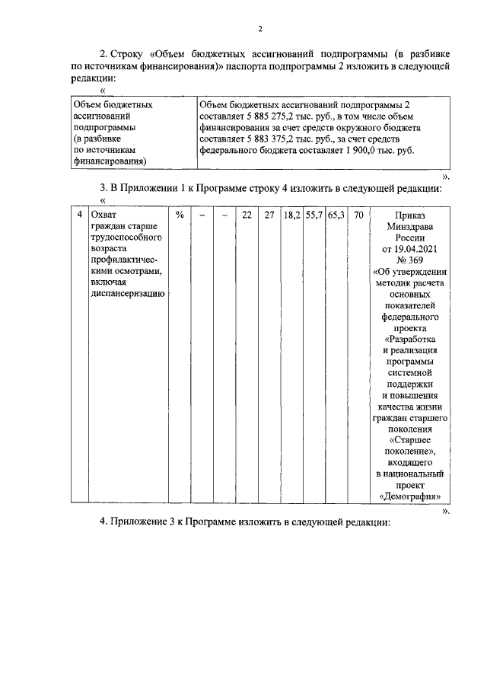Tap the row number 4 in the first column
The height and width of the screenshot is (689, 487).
tap(80, 215)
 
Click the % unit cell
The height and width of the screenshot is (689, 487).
tap(180, 215)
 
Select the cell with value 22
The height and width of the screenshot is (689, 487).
tap(247, 215)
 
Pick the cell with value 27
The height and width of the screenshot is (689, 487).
tap(269, 215)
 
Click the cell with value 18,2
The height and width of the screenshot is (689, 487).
tap(291, 215)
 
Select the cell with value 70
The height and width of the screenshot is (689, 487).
tap(358, 215)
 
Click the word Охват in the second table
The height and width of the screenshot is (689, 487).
tap(103, 215)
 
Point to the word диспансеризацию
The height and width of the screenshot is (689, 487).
tap(128, 295)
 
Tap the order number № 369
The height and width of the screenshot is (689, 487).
tap(411, 260)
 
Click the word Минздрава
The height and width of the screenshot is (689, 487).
tap(411, 226)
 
